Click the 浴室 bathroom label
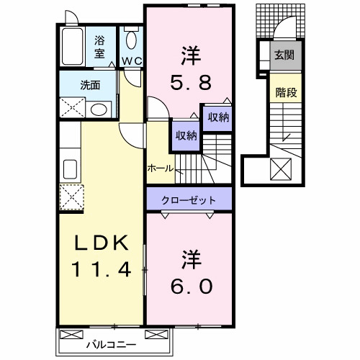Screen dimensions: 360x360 (x=99, y=47)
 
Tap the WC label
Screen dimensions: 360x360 (x=131, y=62)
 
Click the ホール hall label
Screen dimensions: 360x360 (x=160, y=168)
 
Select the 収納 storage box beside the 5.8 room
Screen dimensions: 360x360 (x=218, y=117)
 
